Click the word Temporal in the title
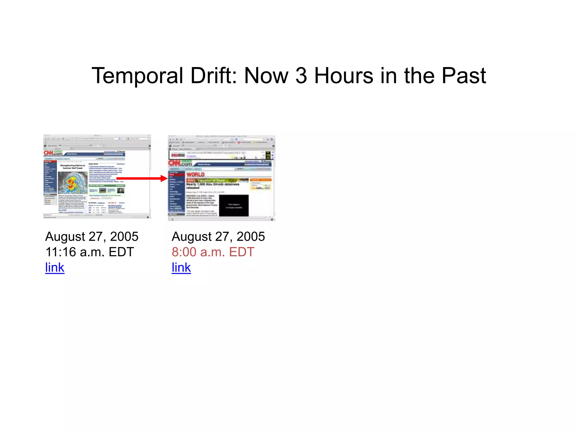pyautogui.click(x=137, y=76)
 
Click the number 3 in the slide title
pyautogui.click(x=301, y=76)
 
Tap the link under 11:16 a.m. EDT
pyautogui.click(x=55, y=267)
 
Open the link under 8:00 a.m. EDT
pyautogui.click(x=181, y=267)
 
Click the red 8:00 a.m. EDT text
pyautogui.click(x=213, y=252)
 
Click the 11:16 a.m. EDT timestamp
pyautogui.click(x=90, y=252)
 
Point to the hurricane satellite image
pyautogui.click(x=73, y=182)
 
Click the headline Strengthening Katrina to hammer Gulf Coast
pyautogui.click(x=73, y=167)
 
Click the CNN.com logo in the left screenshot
pyautogui.click(x=53, y=153)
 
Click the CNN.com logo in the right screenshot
pyautogui.click(x=180, y=163)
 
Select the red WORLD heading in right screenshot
pyautogui.click(x=195, y=174)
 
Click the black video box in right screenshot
pyautogui.click(x=234, y=205)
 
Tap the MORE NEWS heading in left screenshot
pyautogui.click(x=93, y=164)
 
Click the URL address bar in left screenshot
pyautogui.click(x=93, y=138)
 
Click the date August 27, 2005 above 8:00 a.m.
pyautogui.click(x=218, y=236)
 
